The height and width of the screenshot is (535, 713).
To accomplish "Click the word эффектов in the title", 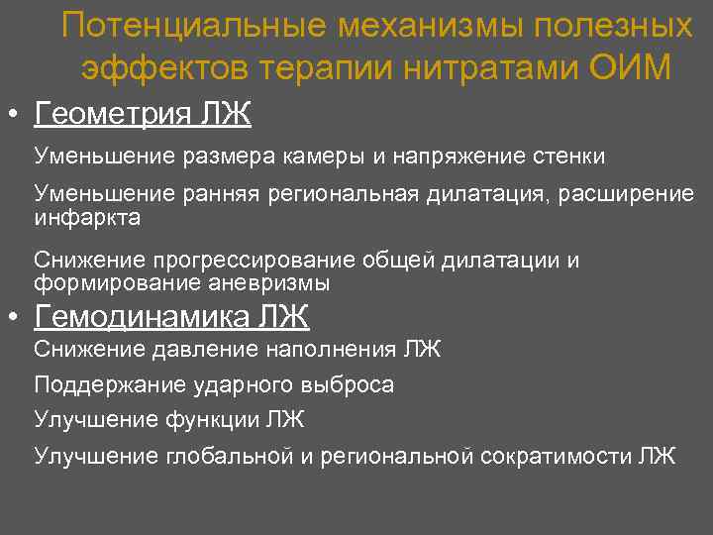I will [x=165, y=66].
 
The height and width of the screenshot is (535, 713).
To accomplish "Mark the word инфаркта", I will [x=87, y=218].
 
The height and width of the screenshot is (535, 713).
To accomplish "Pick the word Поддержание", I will [x=103, y=384].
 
